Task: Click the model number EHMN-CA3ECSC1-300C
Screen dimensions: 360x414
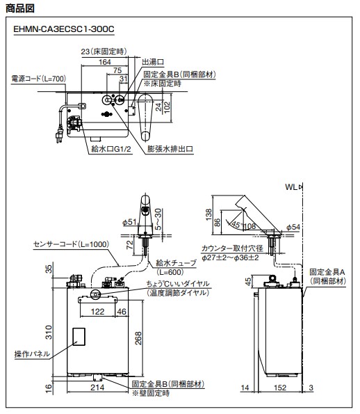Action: point(64,29)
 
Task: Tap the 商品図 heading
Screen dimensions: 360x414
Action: point(20,8)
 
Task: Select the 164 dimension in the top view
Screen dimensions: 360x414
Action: point(105,62)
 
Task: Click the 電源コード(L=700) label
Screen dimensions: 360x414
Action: point(38,79)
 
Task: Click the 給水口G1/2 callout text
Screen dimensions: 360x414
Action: point(111,149)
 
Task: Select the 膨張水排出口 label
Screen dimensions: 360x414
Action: point(170,149)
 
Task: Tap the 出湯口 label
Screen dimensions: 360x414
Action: point(153,62)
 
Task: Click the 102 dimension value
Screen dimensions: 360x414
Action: point(167,107)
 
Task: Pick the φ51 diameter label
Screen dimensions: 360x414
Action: point(129,222)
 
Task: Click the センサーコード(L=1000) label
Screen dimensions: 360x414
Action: point(71,244)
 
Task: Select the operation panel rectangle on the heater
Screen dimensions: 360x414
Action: point(79,337)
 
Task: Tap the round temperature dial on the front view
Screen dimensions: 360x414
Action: point(95,294)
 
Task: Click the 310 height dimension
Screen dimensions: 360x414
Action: point(49,332)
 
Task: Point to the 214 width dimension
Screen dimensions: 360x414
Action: point(97,388)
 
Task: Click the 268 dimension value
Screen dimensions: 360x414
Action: point(138,338)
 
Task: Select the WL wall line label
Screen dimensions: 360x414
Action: point(291,187)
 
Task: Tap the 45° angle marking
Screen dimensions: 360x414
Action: point(236,225)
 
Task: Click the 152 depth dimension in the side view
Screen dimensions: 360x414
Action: point(280,388)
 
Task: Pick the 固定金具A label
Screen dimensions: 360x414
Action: point(327,271)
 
